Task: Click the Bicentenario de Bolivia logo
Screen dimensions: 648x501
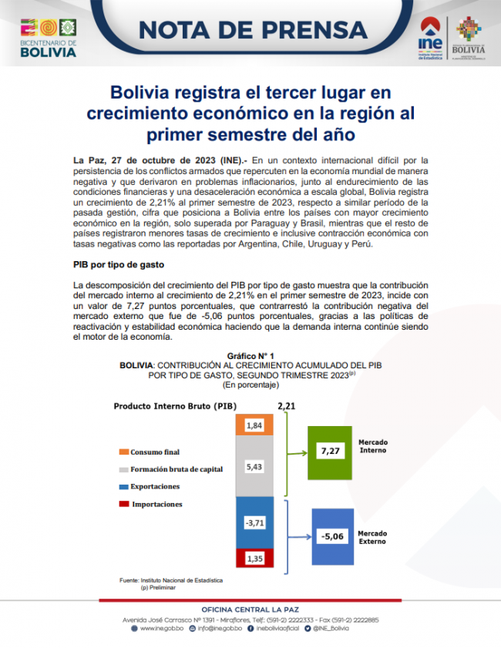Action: (x=48, y=35)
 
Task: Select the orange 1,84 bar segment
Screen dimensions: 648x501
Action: (x=254, y=425)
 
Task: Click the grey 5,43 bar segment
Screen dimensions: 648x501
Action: (x=254, y=466)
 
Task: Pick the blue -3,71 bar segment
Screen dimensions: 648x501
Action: (x=254, y=523)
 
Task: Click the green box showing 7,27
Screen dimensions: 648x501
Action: (x=329, y=452)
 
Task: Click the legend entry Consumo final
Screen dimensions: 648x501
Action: (x=154, y=452)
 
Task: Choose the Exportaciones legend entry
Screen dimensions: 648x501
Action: (x=154, y=487)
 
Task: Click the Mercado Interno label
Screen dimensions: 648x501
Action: (x=373, y=446)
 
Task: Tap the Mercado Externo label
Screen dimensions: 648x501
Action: (x=373, y=536)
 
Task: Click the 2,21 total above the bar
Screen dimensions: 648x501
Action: (x=285, y=405)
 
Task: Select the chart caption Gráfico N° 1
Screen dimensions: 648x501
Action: (x=251, y=355)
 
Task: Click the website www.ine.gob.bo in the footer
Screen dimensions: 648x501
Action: (x=161, y=629)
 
